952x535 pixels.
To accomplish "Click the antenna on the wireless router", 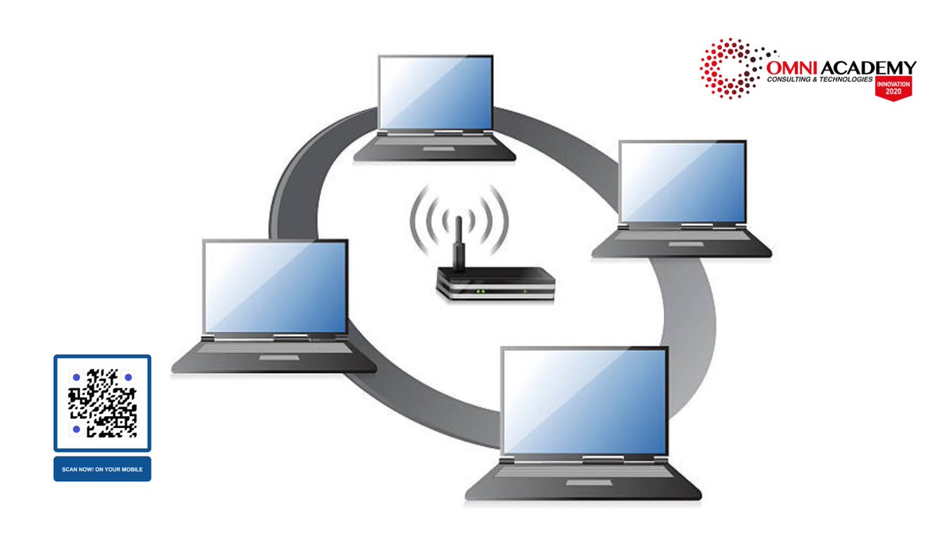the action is tap(457, 243).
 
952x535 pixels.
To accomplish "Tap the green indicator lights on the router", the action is tap(479, 292).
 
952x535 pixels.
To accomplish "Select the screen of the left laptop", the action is tap(274, 286).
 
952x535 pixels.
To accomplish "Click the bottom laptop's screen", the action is tap(585, 400).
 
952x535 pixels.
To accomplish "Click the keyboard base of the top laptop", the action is tap(434, 147).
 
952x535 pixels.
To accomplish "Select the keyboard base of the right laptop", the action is tap(681, 243).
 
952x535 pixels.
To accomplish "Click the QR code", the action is tap(102, 403).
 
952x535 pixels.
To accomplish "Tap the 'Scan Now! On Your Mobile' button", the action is tap(102, 469).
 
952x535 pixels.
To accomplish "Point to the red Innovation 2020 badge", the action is tap(893, 87).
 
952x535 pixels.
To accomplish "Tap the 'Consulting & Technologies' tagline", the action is tap(820, 80).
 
